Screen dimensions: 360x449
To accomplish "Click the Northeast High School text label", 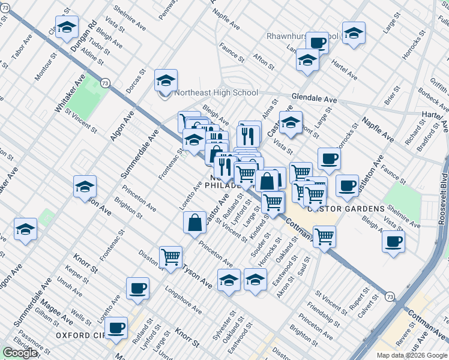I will point(215,93).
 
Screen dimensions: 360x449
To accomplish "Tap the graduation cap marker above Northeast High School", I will point(166,80).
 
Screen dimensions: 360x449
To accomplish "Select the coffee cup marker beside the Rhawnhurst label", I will point(317,43).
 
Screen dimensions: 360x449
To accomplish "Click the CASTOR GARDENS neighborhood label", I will point(346,209).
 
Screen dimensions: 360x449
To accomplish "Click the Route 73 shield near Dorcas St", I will point(106,83).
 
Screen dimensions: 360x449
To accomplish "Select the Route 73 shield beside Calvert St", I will point(390,296).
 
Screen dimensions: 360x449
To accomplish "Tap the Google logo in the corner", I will point(19,353).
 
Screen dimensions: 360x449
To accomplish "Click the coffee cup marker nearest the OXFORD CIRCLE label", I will point(116,328).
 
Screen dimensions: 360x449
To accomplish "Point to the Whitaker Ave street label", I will point(62,95).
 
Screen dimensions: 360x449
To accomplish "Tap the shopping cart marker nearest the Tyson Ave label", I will point(171,257).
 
